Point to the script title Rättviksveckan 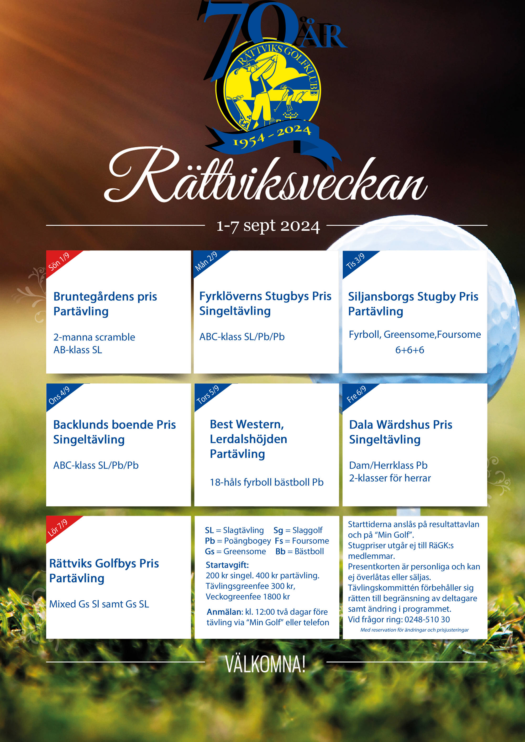pyautogui.click(x=265, y=178)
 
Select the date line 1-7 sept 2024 pyautogui.click(x=268, y=226)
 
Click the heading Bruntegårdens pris pyautogui.click(x=105, y=296)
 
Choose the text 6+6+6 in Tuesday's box pyautogui.click(x=409, y=350)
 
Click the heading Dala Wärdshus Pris pyautogui.click(x=401, y=424)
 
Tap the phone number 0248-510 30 pyautogui.click(x=427, y=620)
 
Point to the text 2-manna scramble pyautogui.click(x=94, y=337)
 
